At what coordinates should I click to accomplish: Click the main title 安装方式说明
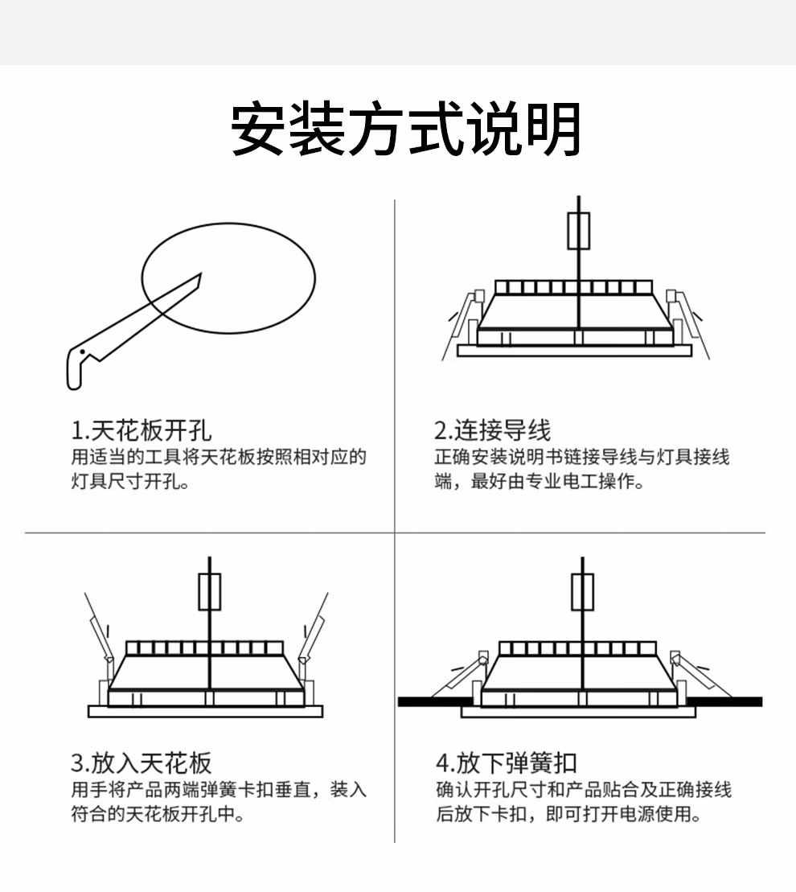click(x=405, y=129)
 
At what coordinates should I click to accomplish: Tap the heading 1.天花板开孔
click(x=141, y=430)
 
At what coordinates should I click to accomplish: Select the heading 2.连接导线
click(x=493, y=430)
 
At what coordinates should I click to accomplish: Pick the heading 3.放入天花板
click(x=141, y=763)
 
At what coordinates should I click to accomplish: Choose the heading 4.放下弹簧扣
click(x=507, y=763)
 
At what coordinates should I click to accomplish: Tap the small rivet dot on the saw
click(x=83, y=352)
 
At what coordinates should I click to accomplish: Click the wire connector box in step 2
click(x=579, y=231)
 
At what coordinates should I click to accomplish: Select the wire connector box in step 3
click(x=209, y=592)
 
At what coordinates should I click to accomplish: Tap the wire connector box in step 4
click(x=582, y=592)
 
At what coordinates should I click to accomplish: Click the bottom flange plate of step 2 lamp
click(x=574, y=351)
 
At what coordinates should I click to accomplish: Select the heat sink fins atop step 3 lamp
click(x=205, y=648)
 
